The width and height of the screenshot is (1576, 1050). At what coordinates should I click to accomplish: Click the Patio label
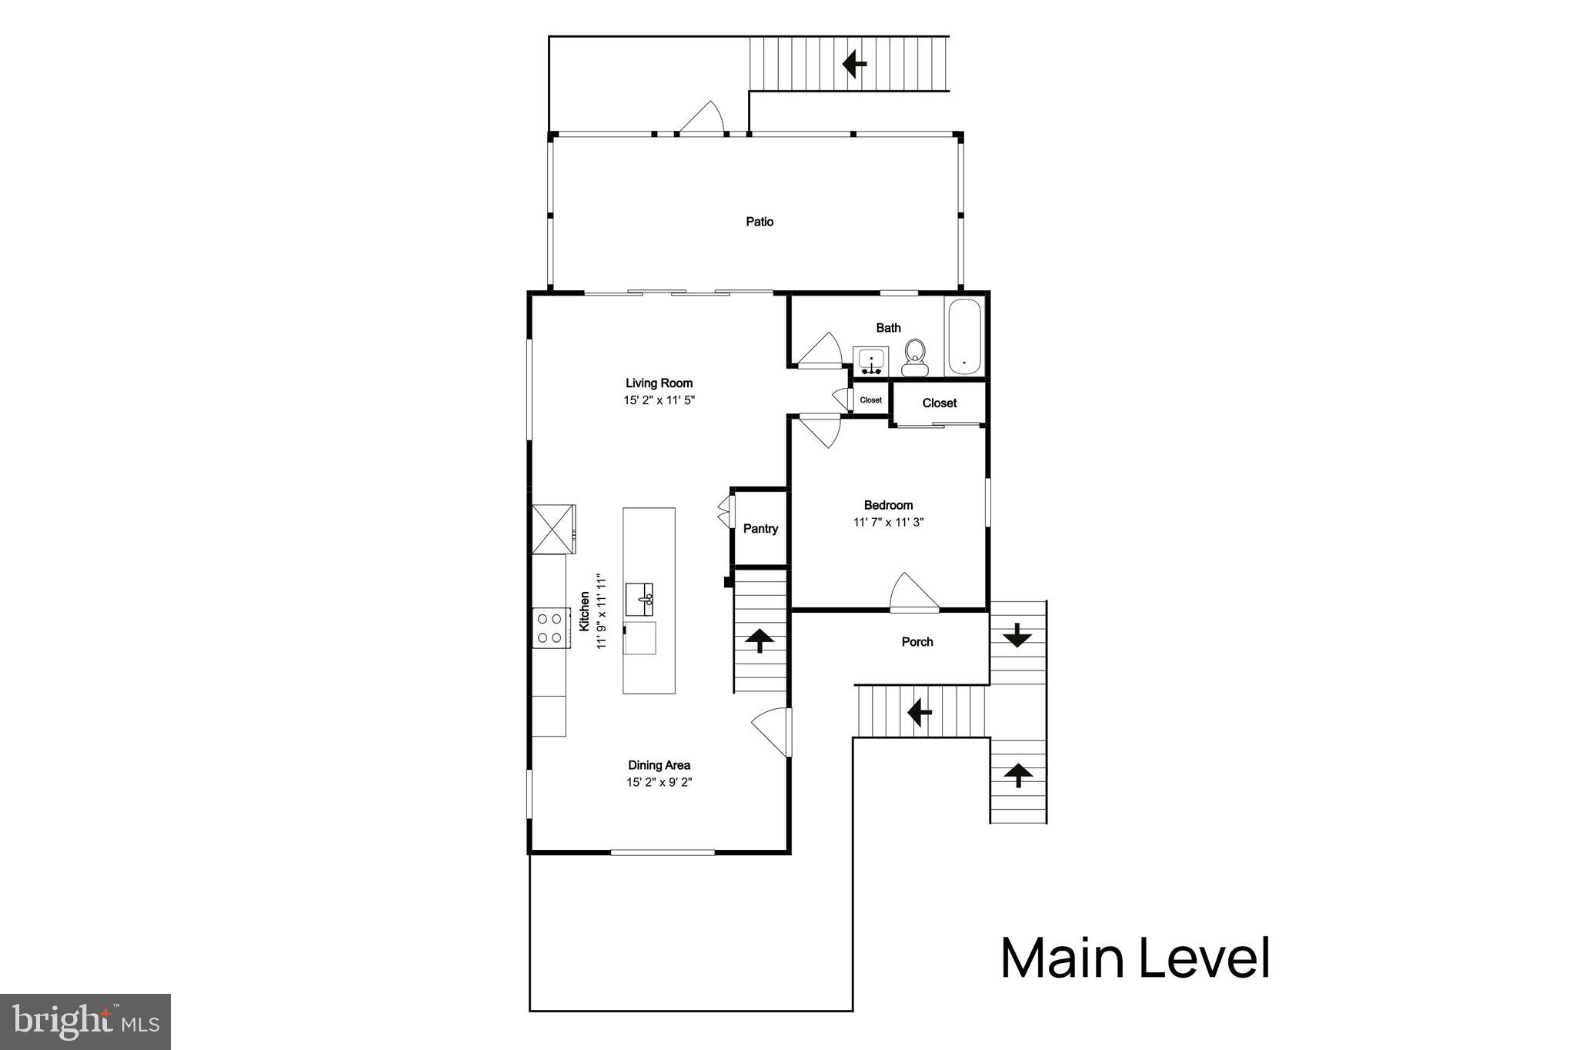pos(760,222)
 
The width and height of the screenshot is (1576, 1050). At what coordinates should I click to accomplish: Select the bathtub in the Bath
pos(964,336)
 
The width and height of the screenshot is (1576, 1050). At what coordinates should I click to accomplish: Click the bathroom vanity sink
pos(871,361)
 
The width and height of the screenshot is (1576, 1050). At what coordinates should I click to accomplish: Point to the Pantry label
pos(760,529)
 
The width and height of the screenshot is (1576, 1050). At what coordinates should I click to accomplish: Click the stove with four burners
pos(550,627)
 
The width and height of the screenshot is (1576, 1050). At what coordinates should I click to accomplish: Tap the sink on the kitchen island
pos(639,599)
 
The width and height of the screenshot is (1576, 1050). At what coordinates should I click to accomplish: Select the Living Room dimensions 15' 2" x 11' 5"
pos(659,400)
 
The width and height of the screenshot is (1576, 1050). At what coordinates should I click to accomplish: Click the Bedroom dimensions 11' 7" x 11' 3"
pos(888,522)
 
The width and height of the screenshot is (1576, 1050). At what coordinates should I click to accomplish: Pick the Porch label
pos(917,642)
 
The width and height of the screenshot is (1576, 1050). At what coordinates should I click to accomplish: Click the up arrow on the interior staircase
pos(760,639)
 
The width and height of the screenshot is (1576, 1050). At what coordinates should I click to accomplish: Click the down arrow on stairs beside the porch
pos(1017,634)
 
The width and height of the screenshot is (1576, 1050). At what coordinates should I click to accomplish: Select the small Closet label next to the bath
pos(871,400)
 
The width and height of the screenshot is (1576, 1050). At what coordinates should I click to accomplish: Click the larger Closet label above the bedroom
pos(939,403)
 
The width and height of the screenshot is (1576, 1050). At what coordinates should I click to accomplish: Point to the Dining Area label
pos(659,765)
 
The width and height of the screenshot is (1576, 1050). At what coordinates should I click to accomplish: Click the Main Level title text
pos(1135,958)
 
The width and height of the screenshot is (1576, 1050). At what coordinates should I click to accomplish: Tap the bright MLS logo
pos(85,1022)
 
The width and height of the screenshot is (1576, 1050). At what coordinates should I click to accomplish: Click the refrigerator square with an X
pos(553,529)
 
